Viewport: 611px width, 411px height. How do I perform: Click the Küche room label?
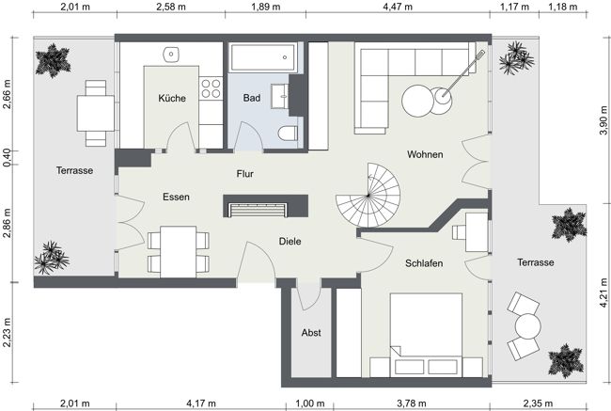(x=172, y=98)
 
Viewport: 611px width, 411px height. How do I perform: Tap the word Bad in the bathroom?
(x=251, y=98)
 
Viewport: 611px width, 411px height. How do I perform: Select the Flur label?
(x=244, y=173)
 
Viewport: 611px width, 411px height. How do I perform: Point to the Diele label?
(x=290, y=242)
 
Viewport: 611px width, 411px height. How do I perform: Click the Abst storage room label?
(x=311, y=333)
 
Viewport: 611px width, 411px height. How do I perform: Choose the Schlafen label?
(x=424, y=263)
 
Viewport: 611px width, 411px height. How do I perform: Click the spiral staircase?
(x=369, y=195)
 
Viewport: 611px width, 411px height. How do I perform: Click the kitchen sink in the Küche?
(x=172, y=54)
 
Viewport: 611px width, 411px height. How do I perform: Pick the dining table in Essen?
(x=178, y=251)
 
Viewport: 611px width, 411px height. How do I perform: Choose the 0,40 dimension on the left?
(x=8, y=158)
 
